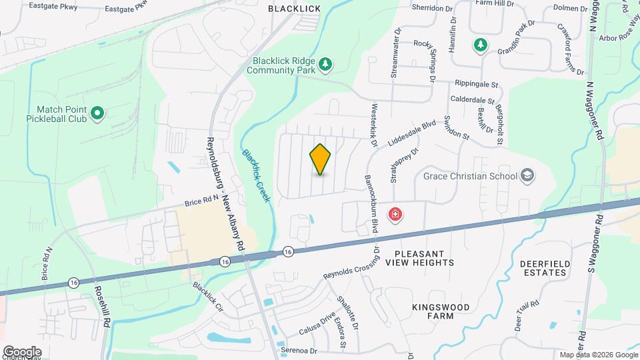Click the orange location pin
tap(321, 159)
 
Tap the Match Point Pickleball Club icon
tap(97, 113)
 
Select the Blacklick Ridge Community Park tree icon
tap(325, 64)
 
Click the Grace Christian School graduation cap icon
tap(527, 175)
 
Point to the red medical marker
tap(395, 215)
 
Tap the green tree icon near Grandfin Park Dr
tap(479, 45)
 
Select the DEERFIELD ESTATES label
tap(545, 269)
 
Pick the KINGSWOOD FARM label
tap(440, 312)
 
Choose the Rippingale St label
tap(477, 85)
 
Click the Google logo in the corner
tap(21, 351)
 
